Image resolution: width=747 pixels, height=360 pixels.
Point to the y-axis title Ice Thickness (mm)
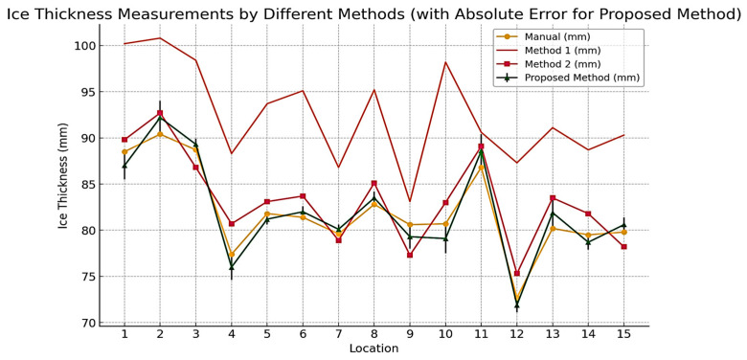63,175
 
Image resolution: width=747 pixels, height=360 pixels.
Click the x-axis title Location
373,349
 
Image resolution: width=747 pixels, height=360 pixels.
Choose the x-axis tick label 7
338,334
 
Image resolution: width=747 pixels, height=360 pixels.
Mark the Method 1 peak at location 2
160,38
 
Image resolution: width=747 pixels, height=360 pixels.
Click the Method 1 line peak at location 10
445,62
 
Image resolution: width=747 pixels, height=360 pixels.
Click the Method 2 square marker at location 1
124,140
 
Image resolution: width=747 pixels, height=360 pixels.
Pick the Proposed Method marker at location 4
231,267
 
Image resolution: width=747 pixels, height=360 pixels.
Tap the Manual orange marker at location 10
445,223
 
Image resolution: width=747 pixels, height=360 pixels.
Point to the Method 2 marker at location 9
410,255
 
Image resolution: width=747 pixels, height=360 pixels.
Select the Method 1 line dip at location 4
231,153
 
